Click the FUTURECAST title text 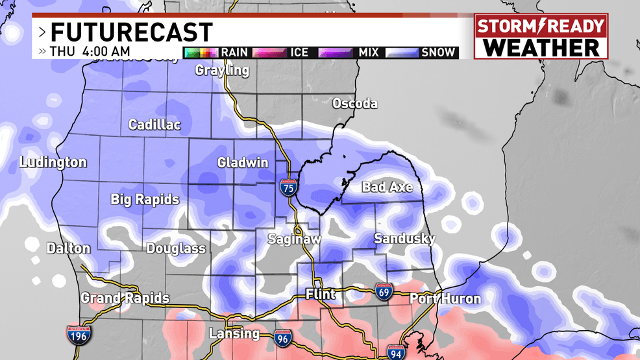[132, 32]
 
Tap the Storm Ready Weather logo [540, 37]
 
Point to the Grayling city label [222, 70]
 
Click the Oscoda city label [354, 103]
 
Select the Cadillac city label [154, 125]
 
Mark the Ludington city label [53, 162]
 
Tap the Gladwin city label [243, 163]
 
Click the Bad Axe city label [387, 187]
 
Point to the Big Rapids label [145, 199]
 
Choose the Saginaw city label [295, 239]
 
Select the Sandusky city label [404, 239]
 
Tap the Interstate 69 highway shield [383, 293]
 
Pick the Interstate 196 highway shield [78, 335]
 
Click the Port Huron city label [445, 299]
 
